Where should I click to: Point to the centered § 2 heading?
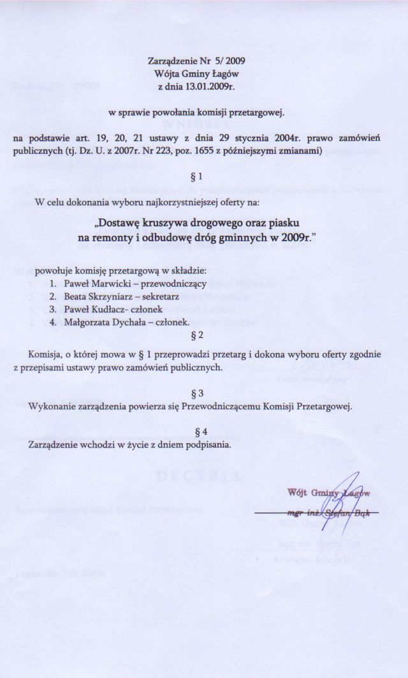[x=197, y=335]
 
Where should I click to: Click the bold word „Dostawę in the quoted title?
[x=120, y=224]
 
